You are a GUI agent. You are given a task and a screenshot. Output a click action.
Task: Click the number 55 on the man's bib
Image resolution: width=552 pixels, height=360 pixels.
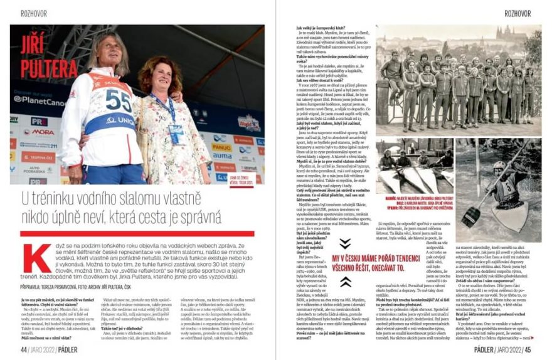(118, 100)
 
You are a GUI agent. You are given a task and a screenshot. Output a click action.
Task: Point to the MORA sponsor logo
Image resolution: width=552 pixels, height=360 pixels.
(43, 132)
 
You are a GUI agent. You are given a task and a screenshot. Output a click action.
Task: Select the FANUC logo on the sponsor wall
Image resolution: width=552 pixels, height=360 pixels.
(221, 147)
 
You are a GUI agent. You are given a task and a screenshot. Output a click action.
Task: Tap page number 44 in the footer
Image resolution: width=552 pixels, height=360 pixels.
(24, 349)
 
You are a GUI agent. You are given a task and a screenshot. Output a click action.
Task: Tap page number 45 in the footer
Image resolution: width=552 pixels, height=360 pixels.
(528, 349)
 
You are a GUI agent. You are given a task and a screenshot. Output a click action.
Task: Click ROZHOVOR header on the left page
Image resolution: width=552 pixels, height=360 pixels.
(23, 13)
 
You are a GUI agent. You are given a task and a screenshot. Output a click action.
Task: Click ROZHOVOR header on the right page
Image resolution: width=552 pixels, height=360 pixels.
(517, 13)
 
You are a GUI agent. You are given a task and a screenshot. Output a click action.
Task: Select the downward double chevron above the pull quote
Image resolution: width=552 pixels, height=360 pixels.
(345, 243)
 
